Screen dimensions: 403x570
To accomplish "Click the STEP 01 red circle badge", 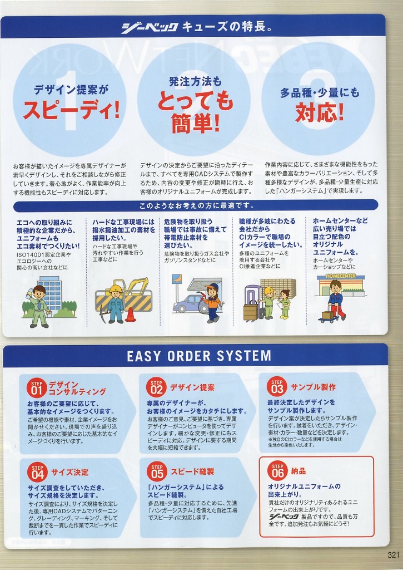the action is [x=37, y=388].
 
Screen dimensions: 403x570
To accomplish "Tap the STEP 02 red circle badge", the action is [x=157, y=387].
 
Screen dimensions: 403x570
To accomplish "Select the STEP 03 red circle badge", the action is [x=277, y=386].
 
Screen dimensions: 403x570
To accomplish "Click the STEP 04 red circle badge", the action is [x=37, y=472].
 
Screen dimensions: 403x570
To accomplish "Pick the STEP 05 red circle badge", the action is [x=157, y=471].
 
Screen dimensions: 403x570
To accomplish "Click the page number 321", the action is [x=393, y=555].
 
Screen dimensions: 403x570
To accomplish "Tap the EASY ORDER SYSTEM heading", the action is [x=199, y=356].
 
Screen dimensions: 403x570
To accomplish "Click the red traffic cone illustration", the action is [x=130, y=315].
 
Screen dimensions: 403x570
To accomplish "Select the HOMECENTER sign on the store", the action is [x=341, y=276].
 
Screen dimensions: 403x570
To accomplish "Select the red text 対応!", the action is [x=320, y=112].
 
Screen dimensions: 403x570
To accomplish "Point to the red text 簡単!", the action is [x=196, y=123].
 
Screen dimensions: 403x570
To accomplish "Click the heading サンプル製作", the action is [x=314, y=387].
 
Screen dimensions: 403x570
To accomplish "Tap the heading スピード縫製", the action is [x=192, y=471].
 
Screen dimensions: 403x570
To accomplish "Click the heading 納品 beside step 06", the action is [x=298, y=471].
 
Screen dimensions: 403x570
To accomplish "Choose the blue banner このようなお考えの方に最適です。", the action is [x=196, y=206].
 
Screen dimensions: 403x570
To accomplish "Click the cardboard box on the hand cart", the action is [x=327, y=315].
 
